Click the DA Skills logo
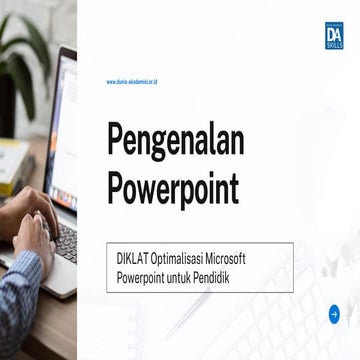335,35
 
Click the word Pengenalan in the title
174,141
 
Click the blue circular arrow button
335,314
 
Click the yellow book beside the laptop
12,165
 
